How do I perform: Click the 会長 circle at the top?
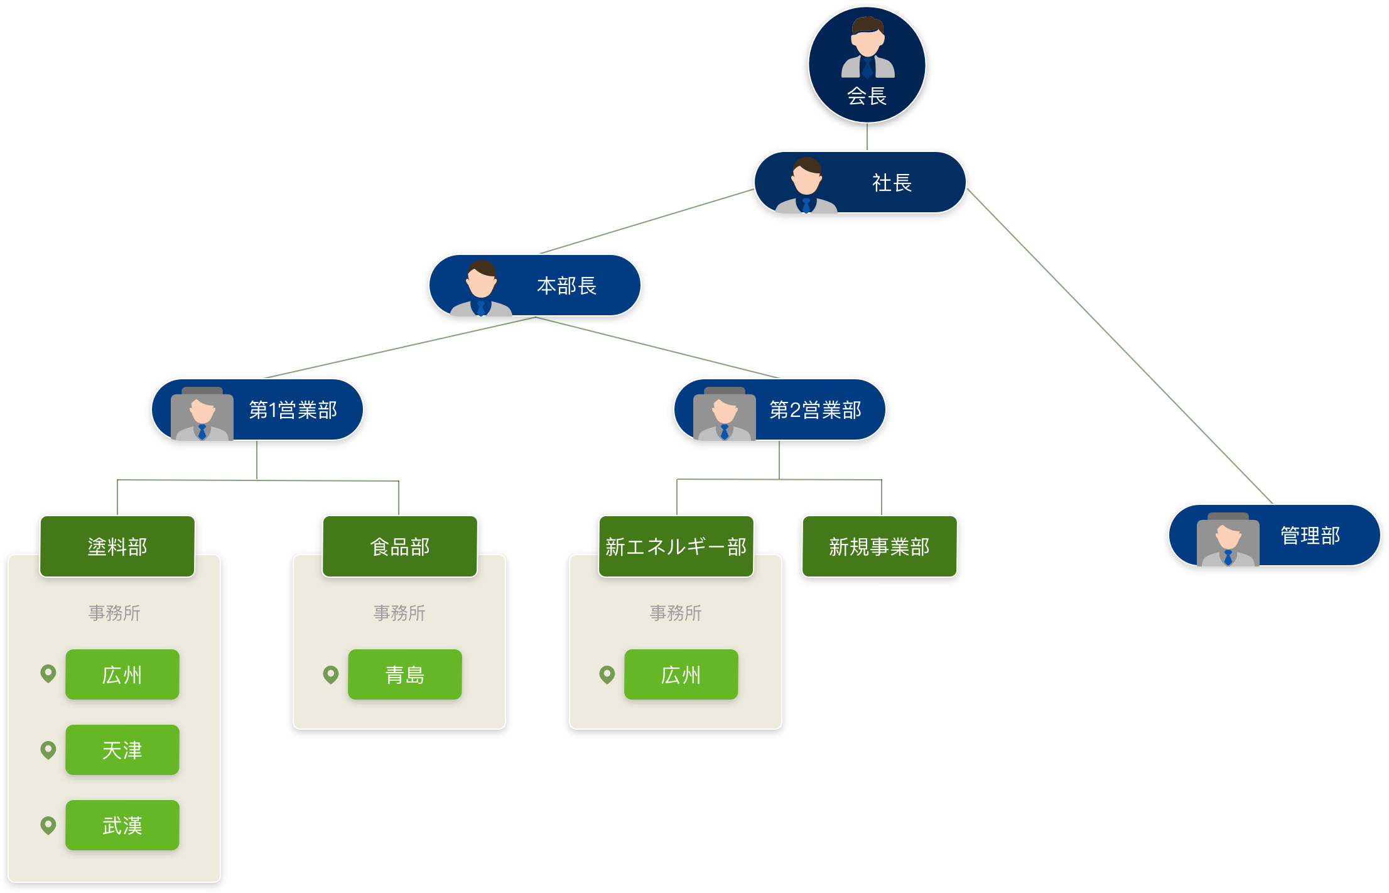(867, 65)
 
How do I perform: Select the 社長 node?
(860, 182)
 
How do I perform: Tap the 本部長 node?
(535, 285)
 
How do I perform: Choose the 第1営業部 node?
(257, 409)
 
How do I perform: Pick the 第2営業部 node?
(779, 409)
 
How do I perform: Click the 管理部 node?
(1274, 535)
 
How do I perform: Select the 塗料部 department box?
(117, 546)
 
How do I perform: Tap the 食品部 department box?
(400, 546)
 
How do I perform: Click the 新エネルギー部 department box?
(676, 546)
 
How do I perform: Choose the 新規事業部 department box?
(879, 546)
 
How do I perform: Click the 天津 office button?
(122, 750)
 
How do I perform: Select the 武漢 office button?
(122, 825)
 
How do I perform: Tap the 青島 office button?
(405, 674)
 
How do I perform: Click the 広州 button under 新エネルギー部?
(681, 674)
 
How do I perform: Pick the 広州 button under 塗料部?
(122, 674)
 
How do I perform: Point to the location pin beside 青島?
(331, 674)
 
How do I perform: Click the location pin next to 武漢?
(48, 825)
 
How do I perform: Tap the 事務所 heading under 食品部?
(399, 613)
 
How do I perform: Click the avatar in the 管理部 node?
(1228, 540)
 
